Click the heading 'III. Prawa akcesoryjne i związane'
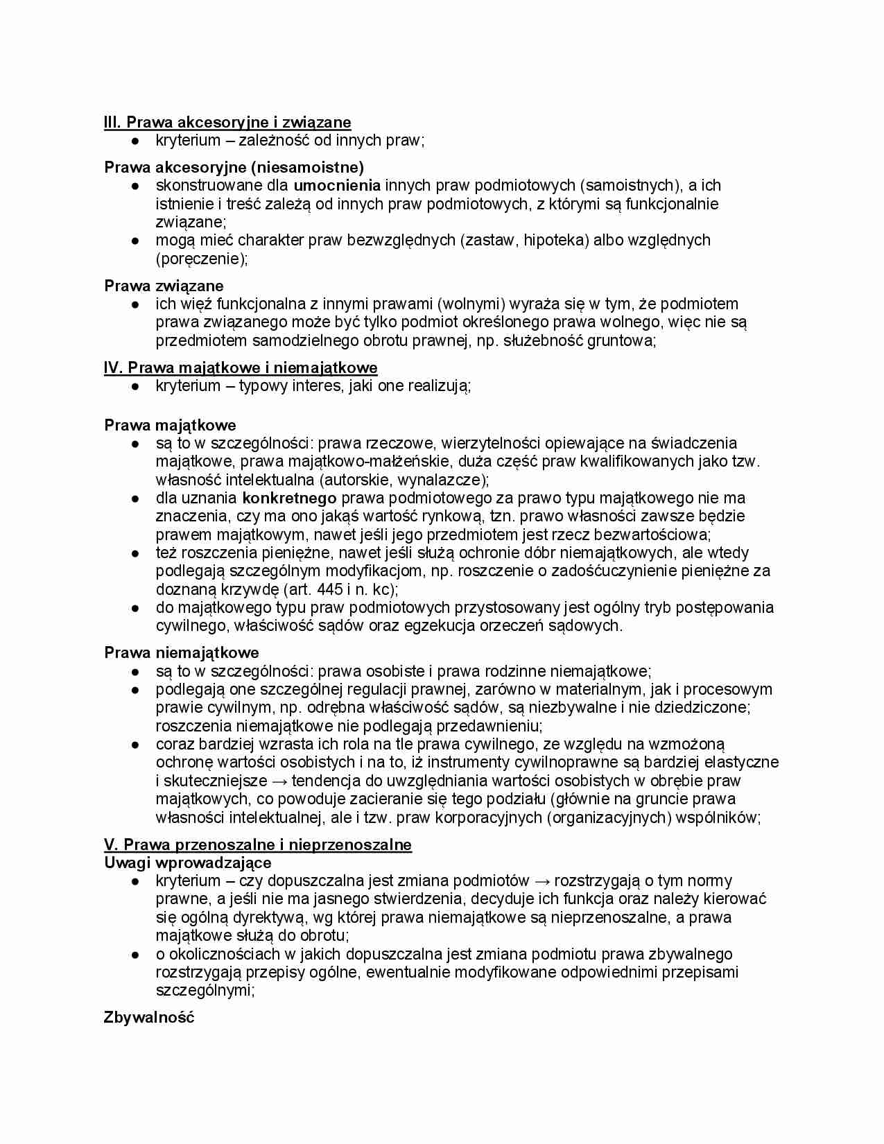tap(227, 123)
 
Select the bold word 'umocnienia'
tap(337, 186)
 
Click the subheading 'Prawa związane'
tap(164, 286)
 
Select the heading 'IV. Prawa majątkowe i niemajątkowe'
tap(241, 367)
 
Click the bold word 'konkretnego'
tap(289, 498)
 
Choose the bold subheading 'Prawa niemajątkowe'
tap(182, 652)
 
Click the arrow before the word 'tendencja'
tap(279, 781)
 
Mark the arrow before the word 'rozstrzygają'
tap(541, 881)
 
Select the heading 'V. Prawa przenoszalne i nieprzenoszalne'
tap(257, 844)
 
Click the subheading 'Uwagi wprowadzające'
tap(187, 863)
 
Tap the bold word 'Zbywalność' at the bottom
tap(149, 1018)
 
